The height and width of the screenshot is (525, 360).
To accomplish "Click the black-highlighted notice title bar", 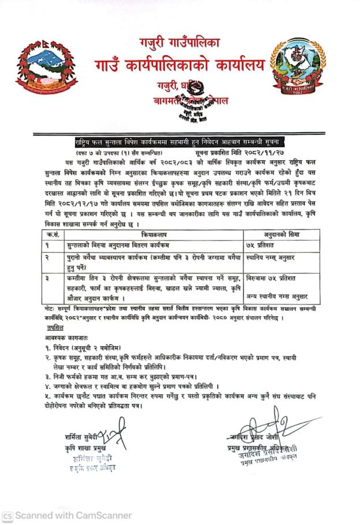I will tap(178, 141).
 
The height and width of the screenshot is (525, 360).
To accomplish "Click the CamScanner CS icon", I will tap(7, 515).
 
